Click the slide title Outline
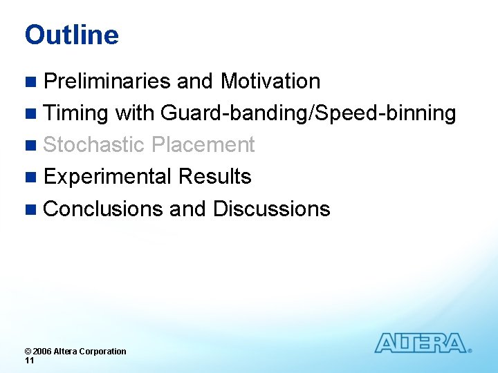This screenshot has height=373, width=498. [71, 35]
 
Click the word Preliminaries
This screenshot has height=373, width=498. [107, 82]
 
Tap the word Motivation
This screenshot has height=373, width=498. [270, 82]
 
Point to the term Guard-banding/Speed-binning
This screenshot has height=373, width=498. [308, 113]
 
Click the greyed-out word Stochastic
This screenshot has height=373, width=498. [94, 145]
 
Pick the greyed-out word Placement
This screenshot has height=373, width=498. [203, 145]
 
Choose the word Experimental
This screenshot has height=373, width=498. [108, 177]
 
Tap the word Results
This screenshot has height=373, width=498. [214, 177]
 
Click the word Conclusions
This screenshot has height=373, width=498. [104, 209]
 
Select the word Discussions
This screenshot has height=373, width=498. [271, 209]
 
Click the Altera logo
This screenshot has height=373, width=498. [421, 343]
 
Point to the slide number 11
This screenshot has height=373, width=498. [29, 361]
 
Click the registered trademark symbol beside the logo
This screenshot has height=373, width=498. [470, 351]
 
